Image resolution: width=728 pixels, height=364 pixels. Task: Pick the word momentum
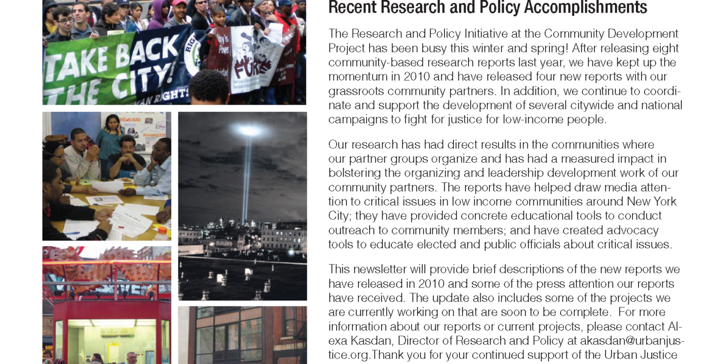coord(355,77)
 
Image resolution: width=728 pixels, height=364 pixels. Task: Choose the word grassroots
coord(355,91)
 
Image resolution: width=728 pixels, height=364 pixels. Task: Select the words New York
coord(651,201)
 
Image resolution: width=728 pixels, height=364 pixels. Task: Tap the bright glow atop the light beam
coord(249,131)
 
